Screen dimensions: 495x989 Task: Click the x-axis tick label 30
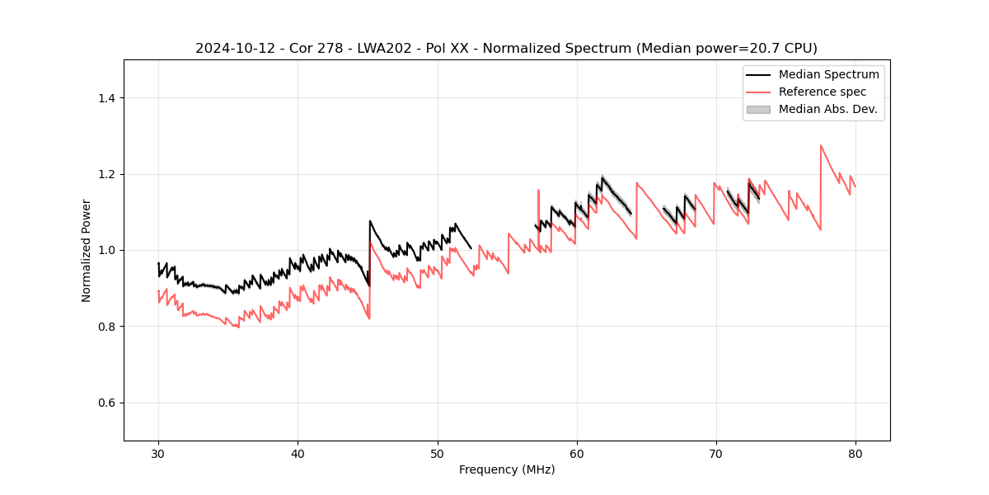click(158, 454)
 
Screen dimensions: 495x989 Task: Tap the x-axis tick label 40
click(298, 454)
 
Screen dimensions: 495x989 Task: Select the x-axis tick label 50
click(437, 454)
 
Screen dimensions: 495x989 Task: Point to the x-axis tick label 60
click(576, 454)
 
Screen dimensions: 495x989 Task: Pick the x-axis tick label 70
click(715, 454)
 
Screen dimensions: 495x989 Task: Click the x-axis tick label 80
click(855, 454)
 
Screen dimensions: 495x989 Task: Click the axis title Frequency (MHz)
click(507, 470)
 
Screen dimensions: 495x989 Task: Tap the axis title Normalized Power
click(87, 250)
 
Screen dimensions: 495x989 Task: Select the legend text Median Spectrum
click(828, 74)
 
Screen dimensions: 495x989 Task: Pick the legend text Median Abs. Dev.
click(827, 109)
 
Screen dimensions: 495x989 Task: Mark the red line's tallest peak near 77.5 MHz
click(821, 146)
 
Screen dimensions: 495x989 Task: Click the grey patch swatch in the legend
click(758, 109)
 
